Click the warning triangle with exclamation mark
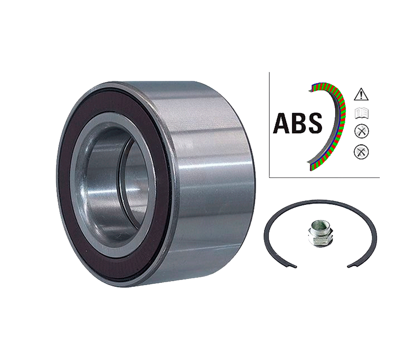pyautogui.click(x=361, y=93)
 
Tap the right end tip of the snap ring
pyautogui.click(x=349, y=266)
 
